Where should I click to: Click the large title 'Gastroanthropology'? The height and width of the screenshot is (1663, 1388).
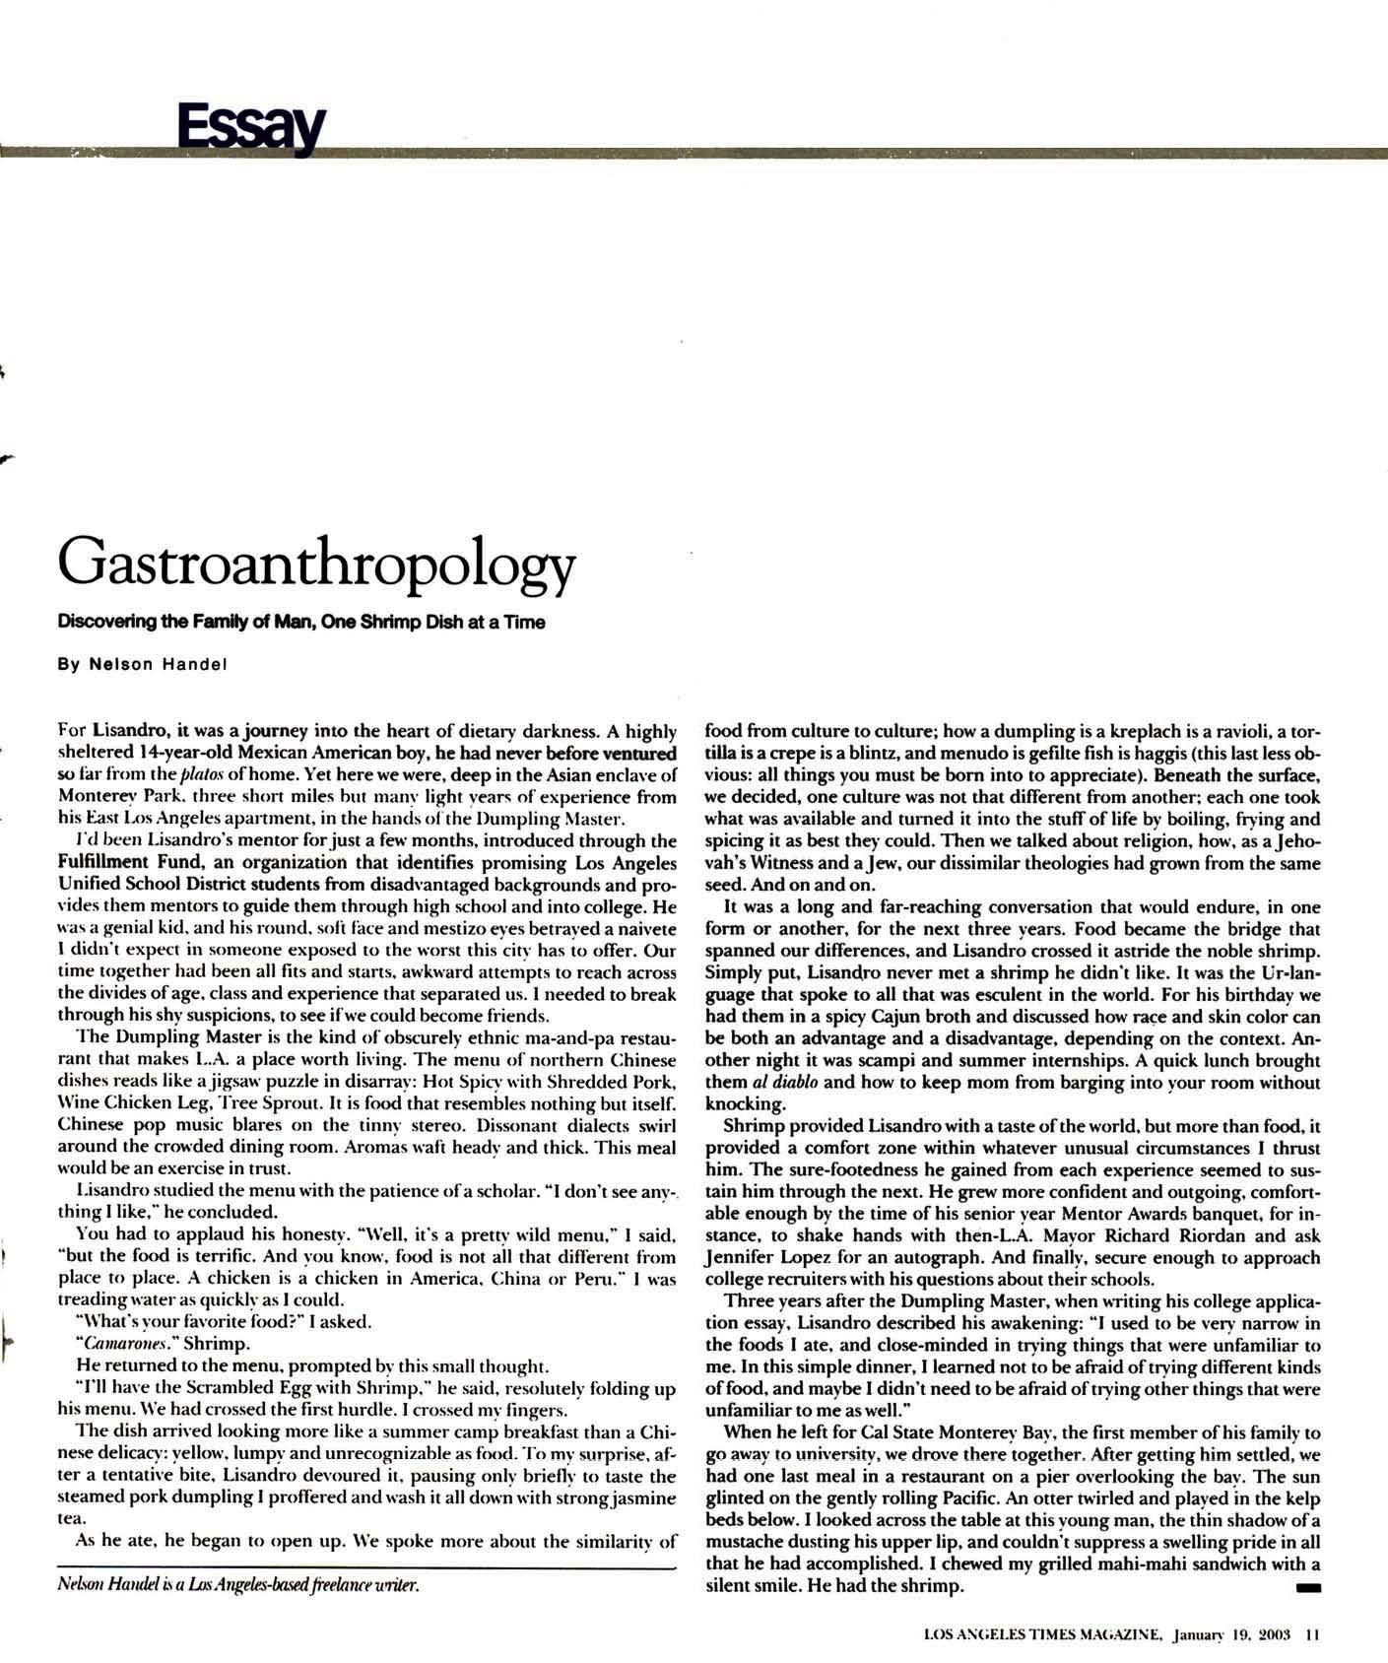(315, 565)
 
